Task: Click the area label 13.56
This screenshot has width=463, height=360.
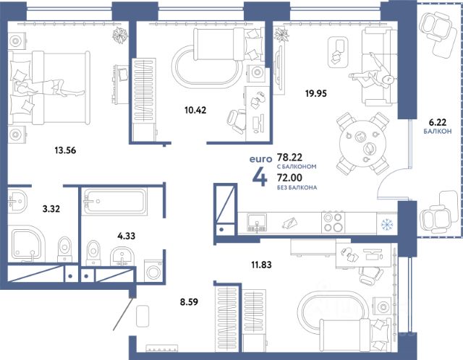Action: coord(65,150)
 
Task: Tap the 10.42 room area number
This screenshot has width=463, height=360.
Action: coord(195,111)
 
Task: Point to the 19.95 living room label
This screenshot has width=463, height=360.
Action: coord(316,93)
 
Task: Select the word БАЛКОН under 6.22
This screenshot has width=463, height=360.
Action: coord(438,132)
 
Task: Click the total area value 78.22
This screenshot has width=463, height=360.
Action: coord(289,157)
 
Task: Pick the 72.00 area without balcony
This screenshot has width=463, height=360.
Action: coord(289,178)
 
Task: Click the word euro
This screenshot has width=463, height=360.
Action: coord(260,159)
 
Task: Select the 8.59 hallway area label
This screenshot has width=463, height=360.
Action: coord(189,302)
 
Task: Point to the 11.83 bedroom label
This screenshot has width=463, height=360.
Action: coord(261,265)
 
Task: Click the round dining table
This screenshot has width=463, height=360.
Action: coord(362,144)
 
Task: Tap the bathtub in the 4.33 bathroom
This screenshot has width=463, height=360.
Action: coord(115,201)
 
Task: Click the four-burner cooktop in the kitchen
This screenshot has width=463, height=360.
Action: coord(333,222)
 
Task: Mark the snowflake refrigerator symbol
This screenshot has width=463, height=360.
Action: coord(386,225)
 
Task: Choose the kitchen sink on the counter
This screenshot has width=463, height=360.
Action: coord(257,222)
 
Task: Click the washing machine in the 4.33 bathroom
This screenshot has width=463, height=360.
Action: coord(153,271)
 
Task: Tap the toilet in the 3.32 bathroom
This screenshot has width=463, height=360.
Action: coord(64,249)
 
